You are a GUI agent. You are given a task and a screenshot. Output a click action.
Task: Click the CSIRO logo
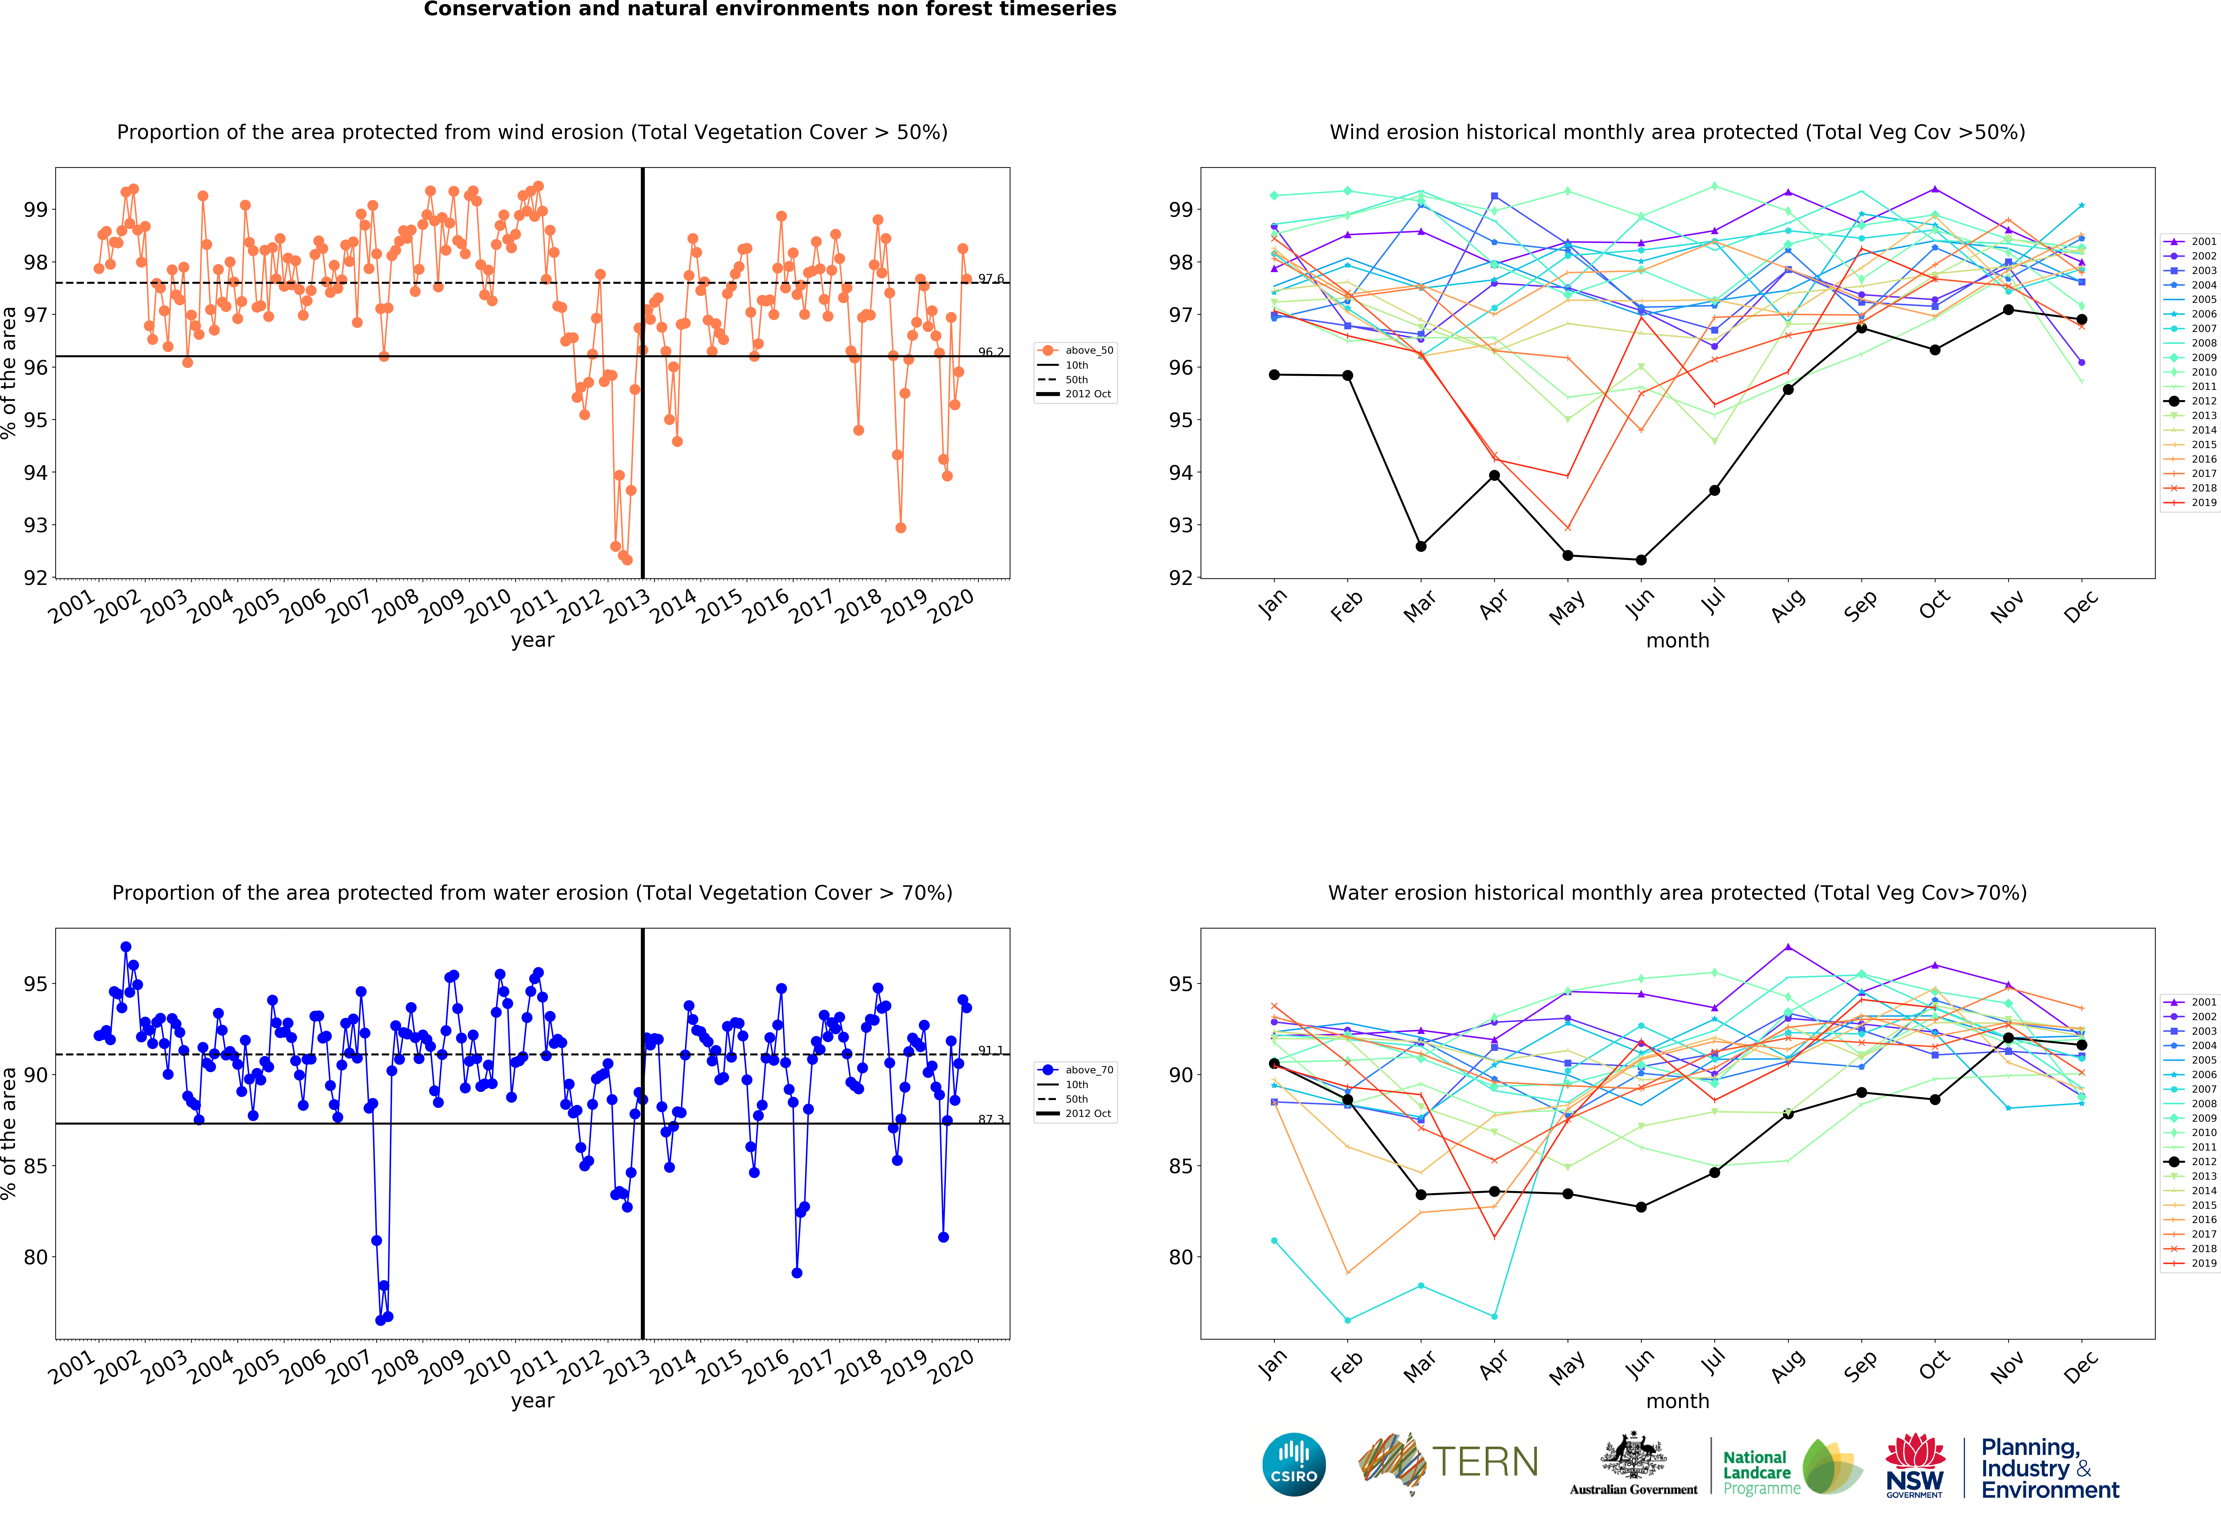tap(1294, 1464)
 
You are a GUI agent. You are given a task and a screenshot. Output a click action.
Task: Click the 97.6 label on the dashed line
tap(990, 279)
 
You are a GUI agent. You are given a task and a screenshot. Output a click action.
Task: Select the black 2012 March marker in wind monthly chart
tap(1421, 546)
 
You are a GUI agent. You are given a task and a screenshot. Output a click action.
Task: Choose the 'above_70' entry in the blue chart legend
tap(1076, 1070)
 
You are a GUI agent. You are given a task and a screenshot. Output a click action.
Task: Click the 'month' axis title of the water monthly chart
tap(1677, 1401)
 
